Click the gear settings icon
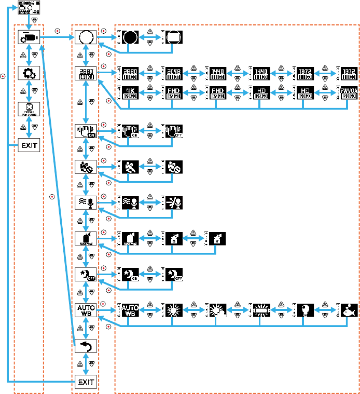point(29,73)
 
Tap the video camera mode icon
point(29,38)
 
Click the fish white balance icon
point(348,310)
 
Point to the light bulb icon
point(304,310)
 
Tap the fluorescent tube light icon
point(260,310)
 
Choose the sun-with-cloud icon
point(217,310)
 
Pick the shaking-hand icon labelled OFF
point(173,132)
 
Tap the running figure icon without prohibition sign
point(130,168)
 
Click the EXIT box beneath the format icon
point(29,145)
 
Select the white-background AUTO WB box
point(86,310)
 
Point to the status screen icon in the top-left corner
point(29,7)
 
